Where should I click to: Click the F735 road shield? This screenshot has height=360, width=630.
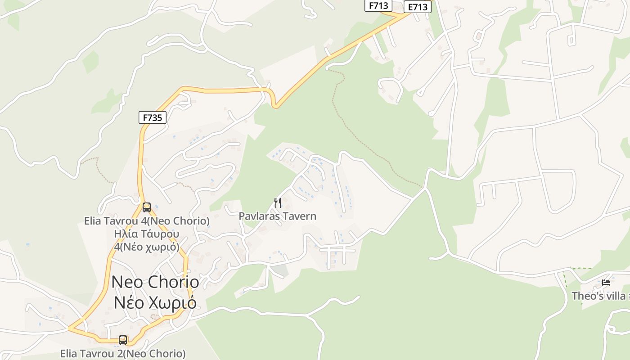tap(152, 118)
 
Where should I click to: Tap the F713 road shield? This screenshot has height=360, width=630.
tap(378, 5)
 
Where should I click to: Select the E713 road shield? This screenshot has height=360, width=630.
tap(417, 7)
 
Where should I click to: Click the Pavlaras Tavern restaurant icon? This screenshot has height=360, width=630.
tap(278, 203)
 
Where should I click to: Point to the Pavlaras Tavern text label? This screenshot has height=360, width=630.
tap(277, 216)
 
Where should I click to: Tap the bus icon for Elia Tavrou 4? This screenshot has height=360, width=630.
tap(147, 207)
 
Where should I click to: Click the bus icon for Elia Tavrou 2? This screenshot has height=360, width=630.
tap(123, 340)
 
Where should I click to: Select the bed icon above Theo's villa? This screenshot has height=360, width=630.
tap(606, 283)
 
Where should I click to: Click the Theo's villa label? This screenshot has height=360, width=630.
tap(598, 296)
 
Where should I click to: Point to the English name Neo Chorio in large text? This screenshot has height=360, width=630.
tap(155, 282)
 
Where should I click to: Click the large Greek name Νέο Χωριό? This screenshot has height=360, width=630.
tap(155, 302)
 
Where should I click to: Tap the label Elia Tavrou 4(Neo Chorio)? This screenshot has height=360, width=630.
tap(147, 221)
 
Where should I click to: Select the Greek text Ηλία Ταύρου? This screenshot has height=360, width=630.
tap(147, 234)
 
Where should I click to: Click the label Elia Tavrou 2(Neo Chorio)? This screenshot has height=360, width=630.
tap(123, 354)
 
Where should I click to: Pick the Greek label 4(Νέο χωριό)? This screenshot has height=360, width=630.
tap(147, 247)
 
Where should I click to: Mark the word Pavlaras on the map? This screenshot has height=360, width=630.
tap(258, 216)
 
